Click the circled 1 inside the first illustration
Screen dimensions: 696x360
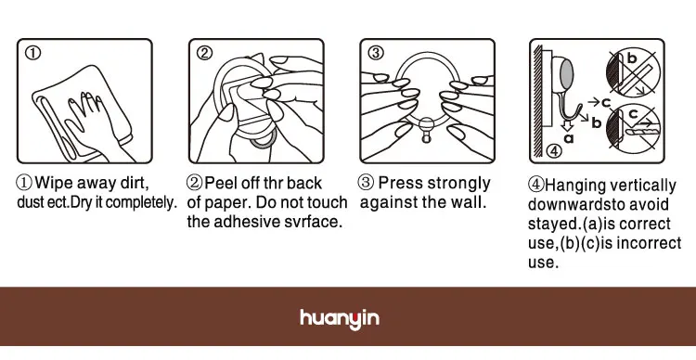tap(32, 53)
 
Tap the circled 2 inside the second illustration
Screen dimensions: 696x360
tap(204, 53)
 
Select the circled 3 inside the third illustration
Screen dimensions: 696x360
tap(376, 53)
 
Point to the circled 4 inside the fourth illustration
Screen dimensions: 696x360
tap(553, 151)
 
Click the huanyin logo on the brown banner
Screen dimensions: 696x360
tap(340, 319)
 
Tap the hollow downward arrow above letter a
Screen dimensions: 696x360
tap(566, 125)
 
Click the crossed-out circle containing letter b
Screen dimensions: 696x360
tap(633, 72)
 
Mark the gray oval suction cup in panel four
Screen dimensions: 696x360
tap(566, 74)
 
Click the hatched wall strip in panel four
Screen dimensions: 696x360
tap(537, 101)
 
